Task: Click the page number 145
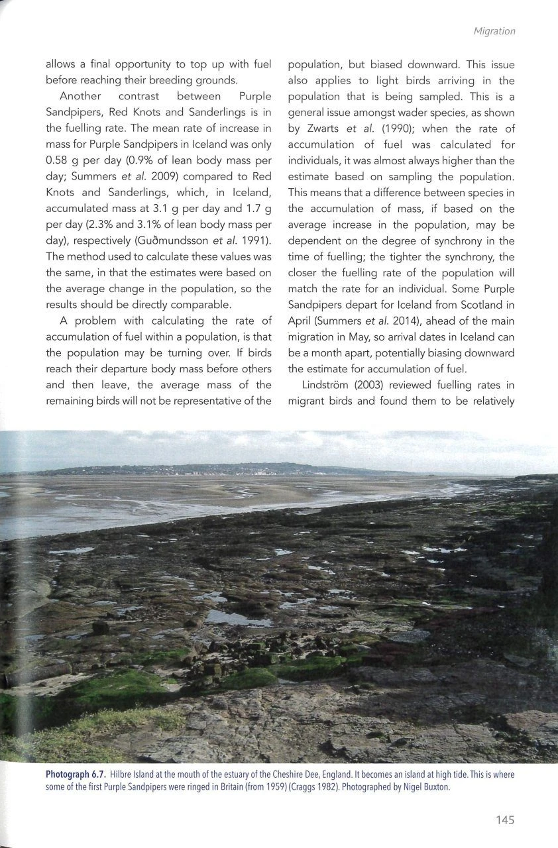click(504, 820)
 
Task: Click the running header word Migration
click(494, 30)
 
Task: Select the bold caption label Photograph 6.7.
click(75, 774)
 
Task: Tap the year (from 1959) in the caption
click(229, 786)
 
